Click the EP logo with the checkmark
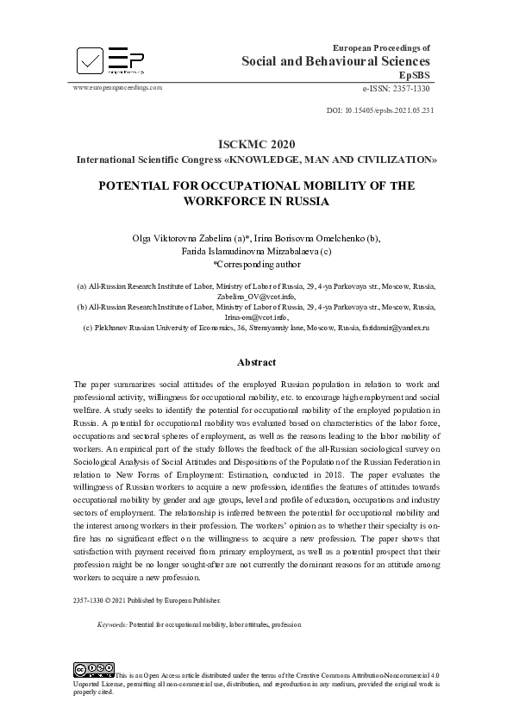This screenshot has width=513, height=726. pyautogui.click(x=109, y=59)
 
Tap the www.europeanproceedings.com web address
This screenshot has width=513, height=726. pyautogui.click(x=118, y=88)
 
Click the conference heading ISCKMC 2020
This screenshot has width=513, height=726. pyautogui.click(x=257, y=144)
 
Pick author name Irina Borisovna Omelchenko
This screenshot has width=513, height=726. pyautogui.click(x=316, y=238)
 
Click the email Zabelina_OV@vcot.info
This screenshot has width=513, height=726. pyautogui.click(x=256, y=296)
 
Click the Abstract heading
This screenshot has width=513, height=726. pyautogui.click(x=257, y=363)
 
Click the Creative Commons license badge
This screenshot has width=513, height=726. pyautogui.click(x=94, y=668)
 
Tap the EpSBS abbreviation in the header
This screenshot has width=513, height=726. pyautogui.click(x=414, y=76)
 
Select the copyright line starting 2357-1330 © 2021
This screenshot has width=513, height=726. pyautogui.click(x=147, y=599)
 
